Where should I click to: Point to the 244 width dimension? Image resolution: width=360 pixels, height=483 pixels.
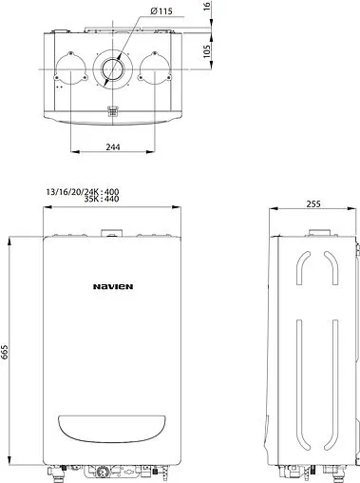click(114, 145)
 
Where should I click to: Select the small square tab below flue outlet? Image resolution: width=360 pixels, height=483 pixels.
click(114, 112)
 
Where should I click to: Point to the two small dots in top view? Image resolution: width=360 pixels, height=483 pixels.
click(60, 87)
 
